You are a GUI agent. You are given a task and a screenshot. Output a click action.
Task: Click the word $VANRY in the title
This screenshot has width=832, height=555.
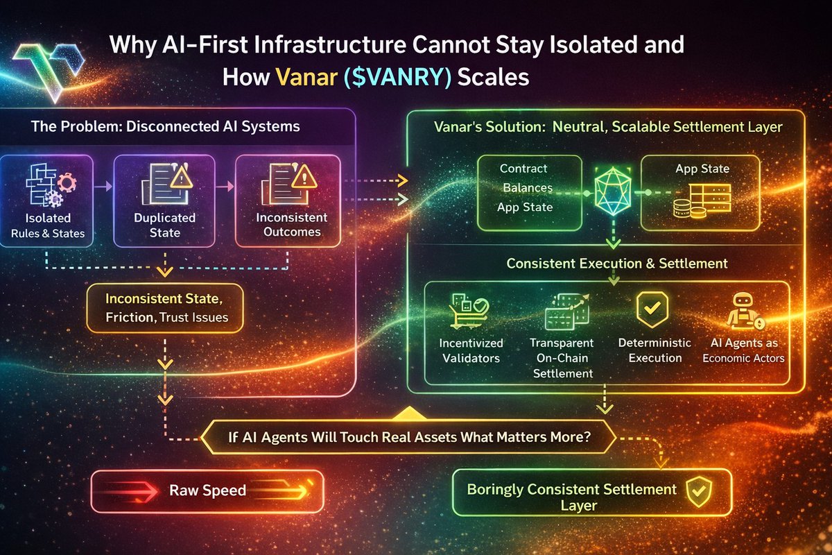[x=398, y=77]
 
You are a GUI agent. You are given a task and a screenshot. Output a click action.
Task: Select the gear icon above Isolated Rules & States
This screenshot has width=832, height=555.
[x=67, y=182]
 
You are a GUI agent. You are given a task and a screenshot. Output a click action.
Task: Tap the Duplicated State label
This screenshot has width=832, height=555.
[x=164, y=225]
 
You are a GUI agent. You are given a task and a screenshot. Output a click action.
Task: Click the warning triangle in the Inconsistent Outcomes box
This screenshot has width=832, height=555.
[x=304, y=176]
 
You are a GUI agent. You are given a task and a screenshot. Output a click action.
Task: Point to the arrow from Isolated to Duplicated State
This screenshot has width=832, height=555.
[x=103, y=186]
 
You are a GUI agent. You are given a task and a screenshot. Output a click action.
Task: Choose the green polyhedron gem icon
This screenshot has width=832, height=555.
[x=613, y=191]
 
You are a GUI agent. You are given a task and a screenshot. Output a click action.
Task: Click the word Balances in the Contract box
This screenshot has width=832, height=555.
[x=528, y=188]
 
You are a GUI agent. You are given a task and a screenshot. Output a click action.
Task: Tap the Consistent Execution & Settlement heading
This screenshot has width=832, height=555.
[x=617, y=263]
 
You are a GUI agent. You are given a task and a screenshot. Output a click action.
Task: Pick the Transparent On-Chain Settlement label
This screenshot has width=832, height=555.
[x=562, y=358]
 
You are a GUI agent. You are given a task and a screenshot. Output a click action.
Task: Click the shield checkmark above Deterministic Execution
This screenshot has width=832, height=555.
[x=652, y=309]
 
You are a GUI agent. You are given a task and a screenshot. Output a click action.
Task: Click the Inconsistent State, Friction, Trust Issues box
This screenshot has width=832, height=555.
[x=165, y=308]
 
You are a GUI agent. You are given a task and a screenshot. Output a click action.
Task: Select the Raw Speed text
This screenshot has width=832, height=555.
[x=207, y=490]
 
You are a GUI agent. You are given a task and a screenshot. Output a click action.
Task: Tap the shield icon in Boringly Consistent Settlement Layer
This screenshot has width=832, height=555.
[x=699, y=492]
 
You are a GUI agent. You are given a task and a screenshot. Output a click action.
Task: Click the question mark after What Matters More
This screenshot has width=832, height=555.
[x=587, y=437]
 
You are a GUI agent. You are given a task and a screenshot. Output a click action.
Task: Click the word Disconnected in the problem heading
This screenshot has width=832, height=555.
[x=173, y=126]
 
